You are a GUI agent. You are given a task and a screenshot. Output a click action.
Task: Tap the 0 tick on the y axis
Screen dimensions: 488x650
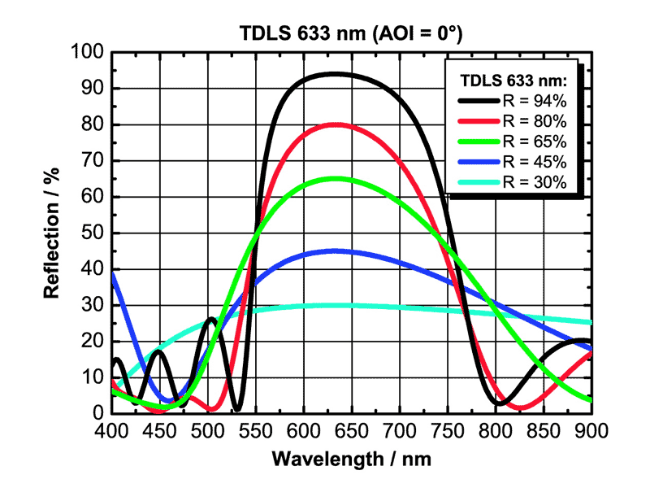point(97,413)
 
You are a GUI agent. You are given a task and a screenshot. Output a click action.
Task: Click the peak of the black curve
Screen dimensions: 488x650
point(335,74)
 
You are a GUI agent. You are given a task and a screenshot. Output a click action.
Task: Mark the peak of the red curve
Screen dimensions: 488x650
point(336,124)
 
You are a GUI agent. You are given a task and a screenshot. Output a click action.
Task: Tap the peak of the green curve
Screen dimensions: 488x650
point(336,178)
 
